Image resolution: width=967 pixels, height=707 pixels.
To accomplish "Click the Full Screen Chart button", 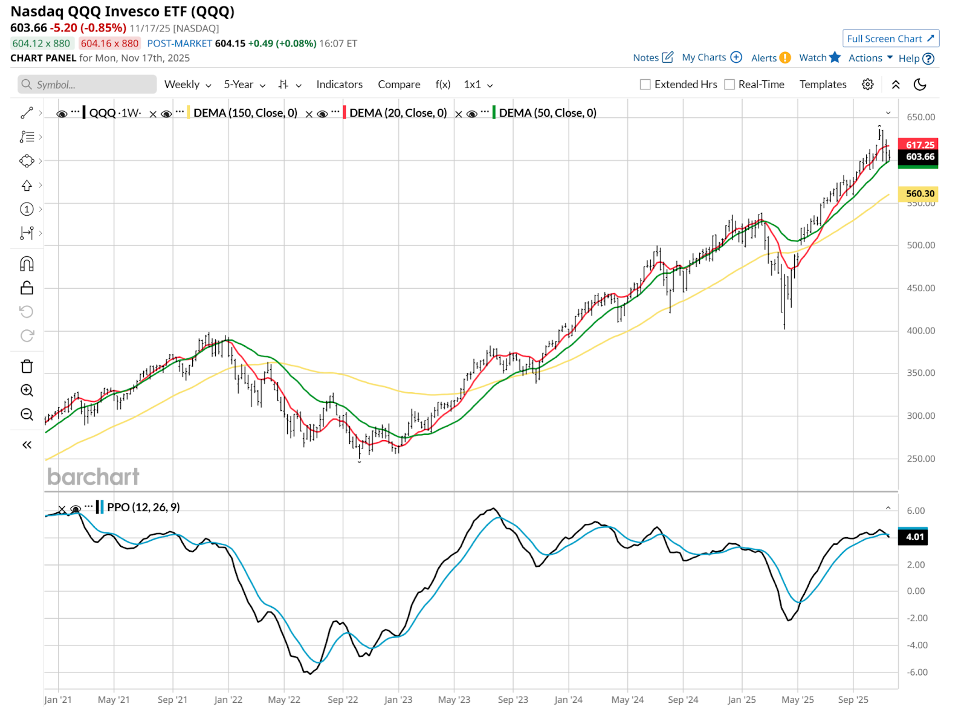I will (890, 39).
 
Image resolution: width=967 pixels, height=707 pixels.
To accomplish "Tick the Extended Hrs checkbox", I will (645, 85).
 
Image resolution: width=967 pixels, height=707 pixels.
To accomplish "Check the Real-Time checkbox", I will (729, 85).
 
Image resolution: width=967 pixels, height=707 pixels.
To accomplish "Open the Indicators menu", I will (339, 85).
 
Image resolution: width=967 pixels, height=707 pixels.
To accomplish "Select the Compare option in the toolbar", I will (399, 85).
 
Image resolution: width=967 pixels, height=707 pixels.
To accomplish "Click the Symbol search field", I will (87, 85).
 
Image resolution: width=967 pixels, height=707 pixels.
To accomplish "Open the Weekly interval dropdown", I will (187, 85).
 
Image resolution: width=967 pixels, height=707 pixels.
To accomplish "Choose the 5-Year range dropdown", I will (244, 85).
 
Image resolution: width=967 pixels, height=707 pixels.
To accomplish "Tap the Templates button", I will (823, 85).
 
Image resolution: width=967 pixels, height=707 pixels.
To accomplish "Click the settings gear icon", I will (867, 85).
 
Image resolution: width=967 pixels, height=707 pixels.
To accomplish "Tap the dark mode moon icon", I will (920, 85).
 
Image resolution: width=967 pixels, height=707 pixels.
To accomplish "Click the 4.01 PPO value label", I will (914, 537).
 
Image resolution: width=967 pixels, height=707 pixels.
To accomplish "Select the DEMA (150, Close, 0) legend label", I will (245, 113).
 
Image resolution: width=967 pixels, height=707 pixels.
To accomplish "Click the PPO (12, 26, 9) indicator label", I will (143, 507).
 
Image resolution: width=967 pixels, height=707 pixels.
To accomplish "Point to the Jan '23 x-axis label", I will (398, 699).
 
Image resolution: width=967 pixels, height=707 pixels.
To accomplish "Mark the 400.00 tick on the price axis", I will (920, 331).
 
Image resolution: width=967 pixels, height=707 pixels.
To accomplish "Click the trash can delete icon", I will (27, 366).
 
